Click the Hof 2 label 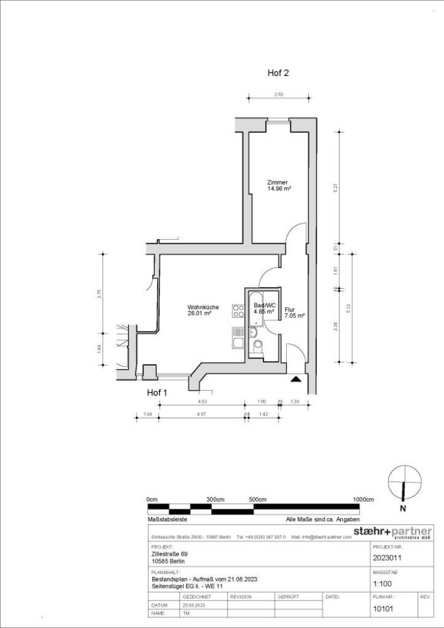coord(278,73)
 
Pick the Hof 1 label coord(157,392)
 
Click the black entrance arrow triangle coord(295,378)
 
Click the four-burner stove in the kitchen coord(238,311)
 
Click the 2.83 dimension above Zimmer coord(279,94)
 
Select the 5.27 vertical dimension coord(336,187)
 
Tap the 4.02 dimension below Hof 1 coord(202,401)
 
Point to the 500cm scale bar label coord(257,499)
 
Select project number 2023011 coord(388,556)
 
